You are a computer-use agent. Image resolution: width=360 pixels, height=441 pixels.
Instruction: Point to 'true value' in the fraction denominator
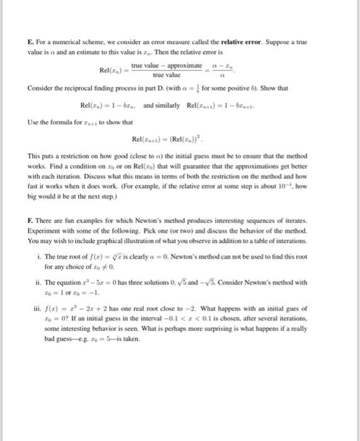(167, 74)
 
